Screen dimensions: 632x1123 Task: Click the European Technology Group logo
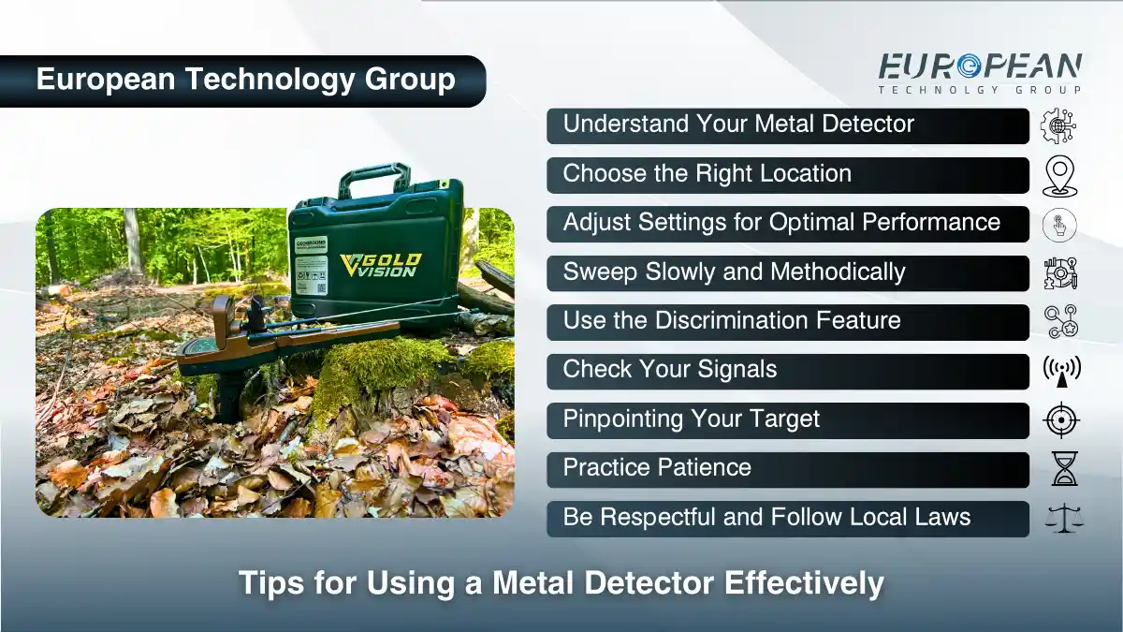[x=979, y=73]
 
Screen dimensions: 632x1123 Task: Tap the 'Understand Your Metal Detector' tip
[x=787, y=125]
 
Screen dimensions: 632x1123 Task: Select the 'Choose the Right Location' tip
[x=787, y=175]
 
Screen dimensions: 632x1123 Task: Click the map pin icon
[x=1060, y=176]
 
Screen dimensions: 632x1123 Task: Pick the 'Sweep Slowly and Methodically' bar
[x=787, y=273]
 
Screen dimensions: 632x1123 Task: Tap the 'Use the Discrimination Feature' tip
[x=787, y=322]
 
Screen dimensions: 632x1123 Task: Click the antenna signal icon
[x=1061, y=372]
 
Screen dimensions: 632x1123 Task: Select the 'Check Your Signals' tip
[x=787, y=371]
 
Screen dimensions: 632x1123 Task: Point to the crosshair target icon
[x=1061, y=420]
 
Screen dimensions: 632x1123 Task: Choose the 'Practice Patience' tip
[x=787, y=469]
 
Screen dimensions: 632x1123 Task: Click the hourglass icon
[x=1064, y=469]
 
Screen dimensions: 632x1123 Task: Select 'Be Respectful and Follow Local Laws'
[x=787, y=519]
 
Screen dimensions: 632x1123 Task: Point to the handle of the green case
[x=374, y=178]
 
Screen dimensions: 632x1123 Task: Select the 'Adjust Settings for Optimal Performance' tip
[x=787, y=224]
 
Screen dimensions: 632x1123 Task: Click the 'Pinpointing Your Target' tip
[x=787, y=420]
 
